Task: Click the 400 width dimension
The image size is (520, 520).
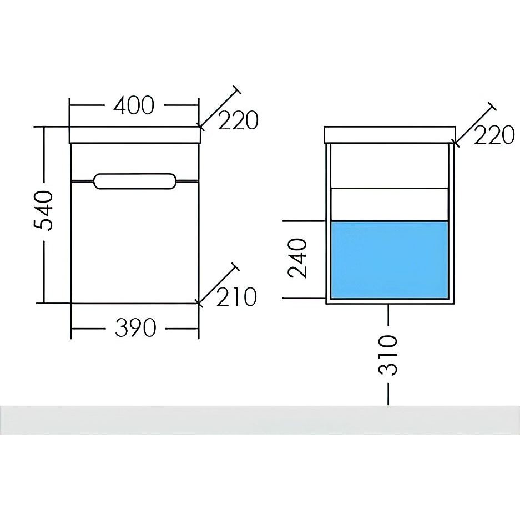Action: point(134,105)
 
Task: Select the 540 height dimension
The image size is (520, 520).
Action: point(43,211)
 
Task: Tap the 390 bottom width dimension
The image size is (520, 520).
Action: point(135,328)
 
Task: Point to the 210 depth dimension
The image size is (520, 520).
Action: point(236,297)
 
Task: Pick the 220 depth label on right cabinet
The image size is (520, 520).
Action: point(494,135)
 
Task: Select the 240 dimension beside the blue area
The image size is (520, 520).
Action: point(298,258)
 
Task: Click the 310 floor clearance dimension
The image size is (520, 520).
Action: point(388,355)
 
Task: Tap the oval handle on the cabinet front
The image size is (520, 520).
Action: point(134,181)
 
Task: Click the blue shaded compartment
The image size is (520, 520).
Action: point(390,260)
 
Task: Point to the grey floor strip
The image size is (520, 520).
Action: point(260,420)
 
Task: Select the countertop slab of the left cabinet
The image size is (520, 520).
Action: point(135,135)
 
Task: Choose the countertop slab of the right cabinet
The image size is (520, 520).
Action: point(390,135)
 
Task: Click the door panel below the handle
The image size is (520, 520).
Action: point(135,242)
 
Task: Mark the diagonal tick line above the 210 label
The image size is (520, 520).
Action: point(218,284)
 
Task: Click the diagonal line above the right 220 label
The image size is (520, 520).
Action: point(475,124)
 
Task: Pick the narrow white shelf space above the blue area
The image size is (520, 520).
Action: point(390,204)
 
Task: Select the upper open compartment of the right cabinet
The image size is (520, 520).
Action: point(390,166)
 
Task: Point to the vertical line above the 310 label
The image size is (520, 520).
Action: point(388,315)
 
